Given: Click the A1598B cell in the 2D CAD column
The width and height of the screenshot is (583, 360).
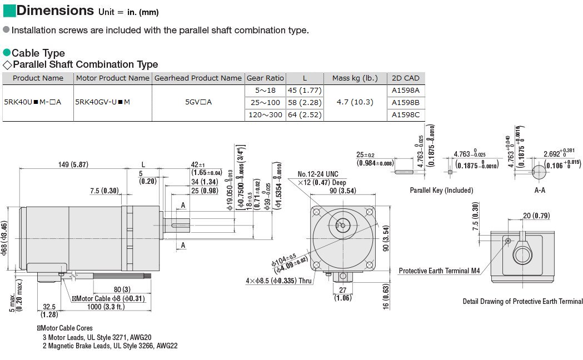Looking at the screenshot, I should (406, 102).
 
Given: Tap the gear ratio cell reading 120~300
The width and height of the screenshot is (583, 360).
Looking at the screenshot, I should (265, 114).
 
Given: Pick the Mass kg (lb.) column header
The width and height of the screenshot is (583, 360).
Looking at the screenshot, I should (355, 78).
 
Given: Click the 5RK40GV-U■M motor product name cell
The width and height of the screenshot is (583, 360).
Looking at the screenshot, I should (103, 102).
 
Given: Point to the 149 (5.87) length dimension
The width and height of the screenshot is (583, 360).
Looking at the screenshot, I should (73, 164).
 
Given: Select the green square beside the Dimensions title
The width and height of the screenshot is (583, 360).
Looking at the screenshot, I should (8, 10).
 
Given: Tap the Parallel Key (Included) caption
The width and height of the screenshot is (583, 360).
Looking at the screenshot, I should (441, 191).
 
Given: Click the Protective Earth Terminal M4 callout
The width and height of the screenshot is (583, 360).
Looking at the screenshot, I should (439, 271).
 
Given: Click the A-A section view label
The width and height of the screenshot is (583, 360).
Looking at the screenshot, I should (539, 190).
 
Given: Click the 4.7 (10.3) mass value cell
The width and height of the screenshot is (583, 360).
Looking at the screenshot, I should (355, 102).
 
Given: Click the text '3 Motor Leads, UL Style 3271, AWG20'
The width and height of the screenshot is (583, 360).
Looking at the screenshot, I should (97, 337).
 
